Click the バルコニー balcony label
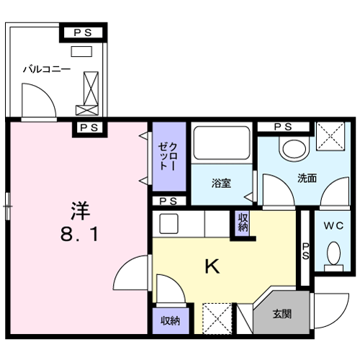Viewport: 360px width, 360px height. click(x=47, y=69)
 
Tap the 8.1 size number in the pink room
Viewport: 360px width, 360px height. click(x=79, y=234)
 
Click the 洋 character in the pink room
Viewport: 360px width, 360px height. click(x=80, y=211)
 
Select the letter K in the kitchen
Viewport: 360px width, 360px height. click(x=212, y=266)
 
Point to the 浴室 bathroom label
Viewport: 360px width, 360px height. click(x=221, y=183)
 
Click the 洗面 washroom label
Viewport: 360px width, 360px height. click(x=307, y=178)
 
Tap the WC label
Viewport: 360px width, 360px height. click(x=333, y=225)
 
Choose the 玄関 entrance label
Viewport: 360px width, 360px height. click(x=282, y=314)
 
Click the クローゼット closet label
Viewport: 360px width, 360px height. click(x=168, y=156)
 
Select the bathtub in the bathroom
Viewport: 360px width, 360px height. click(x=222, y=143)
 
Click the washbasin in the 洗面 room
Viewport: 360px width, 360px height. click(x=294, y=148)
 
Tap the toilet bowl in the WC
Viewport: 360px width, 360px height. click(x=333, y=253)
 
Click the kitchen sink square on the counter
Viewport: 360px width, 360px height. click(x=168, y=224)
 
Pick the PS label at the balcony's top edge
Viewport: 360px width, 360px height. click(x=83, y=32)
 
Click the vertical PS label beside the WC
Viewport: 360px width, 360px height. click(x=305, y=251)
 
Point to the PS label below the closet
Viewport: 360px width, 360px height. click(x=168, y=201)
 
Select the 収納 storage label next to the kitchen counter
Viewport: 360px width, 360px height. click(x=243, y=222)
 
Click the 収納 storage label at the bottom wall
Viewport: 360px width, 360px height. click(x=170, y=320)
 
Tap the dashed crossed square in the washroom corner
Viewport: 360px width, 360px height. click(x=330, y=136)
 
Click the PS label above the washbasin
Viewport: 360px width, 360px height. click(x=283, y=127)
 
